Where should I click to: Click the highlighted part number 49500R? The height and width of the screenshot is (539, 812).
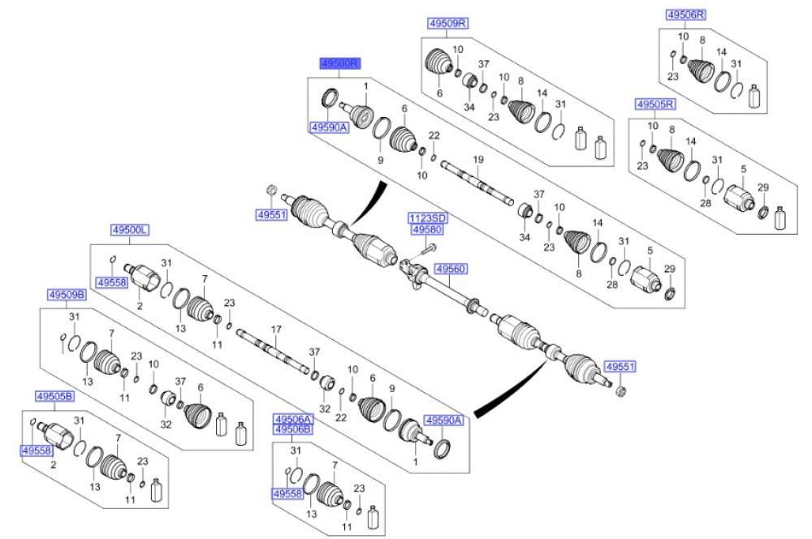point(339,63)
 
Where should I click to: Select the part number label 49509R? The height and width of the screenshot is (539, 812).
point(448,24)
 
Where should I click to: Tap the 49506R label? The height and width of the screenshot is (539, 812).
point(686,15)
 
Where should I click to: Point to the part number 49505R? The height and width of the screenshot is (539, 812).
point(655,104)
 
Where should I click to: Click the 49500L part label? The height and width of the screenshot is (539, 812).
point(130,230)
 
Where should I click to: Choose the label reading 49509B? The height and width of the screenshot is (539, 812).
point(67,295)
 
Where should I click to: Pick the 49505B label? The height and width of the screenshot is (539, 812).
point(55,397)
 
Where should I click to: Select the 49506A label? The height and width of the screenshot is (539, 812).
point(293,420)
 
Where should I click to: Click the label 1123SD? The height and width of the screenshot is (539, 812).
point(428,218)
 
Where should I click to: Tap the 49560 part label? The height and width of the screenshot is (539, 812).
point(451,269)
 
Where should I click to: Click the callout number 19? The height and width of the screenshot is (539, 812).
point(478,159)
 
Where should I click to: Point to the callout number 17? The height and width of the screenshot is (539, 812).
point(276,329)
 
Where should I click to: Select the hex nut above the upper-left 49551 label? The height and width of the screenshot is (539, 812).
point(270,190)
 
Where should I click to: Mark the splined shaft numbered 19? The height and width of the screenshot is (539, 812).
point(477,183)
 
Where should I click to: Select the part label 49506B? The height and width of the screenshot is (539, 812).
point(293,429)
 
